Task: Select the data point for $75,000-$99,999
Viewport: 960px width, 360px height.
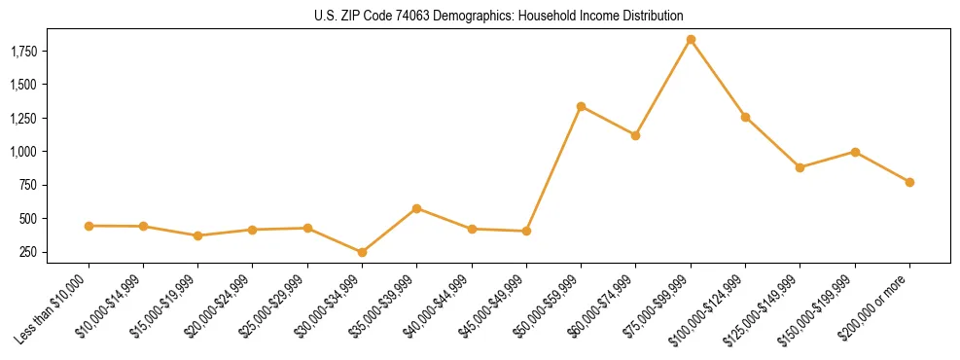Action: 691,40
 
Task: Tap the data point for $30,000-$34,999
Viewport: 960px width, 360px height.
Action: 362,252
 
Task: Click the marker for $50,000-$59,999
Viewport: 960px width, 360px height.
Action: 581,106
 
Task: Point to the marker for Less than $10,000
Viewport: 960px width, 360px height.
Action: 89,226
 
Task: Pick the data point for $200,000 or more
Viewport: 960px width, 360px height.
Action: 909,182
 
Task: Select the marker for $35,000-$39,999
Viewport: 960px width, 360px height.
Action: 416,208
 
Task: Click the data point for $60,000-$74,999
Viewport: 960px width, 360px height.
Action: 635,135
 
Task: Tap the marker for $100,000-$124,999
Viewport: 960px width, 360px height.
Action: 745,117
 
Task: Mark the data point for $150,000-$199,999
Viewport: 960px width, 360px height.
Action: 855,152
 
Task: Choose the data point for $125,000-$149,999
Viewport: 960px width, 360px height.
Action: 800,167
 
